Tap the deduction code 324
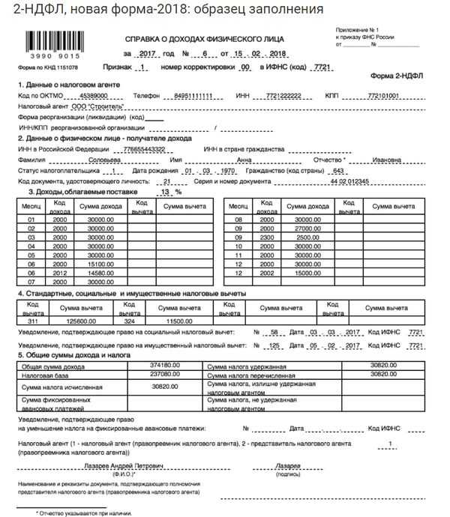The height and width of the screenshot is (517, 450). pyautogui.click(x=130, y=319)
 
